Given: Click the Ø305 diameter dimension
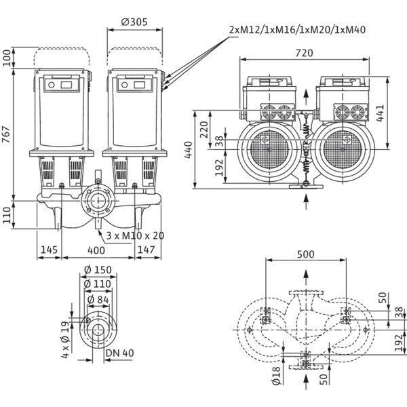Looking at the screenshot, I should pos(135,22).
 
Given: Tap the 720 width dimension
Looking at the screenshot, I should pos(304,52).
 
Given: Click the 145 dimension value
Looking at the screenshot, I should pos(48,251).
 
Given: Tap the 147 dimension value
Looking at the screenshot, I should pos(146,251).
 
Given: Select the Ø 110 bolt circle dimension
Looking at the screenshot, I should pos(98,284).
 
